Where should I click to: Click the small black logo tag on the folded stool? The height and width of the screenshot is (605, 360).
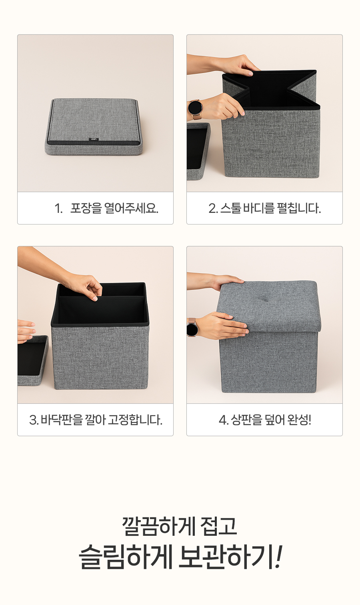pyautogui.click(x=94, y=139)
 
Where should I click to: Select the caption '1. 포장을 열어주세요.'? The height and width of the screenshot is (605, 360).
pyautogui.click(x=106, y=208)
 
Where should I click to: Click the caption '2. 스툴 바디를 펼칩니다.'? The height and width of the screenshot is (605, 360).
pyautogui.click(x=265, y=208)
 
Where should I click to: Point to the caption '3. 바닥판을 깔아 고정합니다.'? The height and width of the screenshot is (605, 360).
pyautogui.click(x=96, y=420)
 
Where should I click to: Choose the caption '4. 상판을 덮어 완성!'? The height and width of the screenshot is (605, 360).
pyautogui.click(x=265, y=420)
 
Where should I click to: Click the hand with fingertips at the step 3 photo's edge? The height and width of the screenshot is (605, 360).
pyautogui.click(x=26, y=331)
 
